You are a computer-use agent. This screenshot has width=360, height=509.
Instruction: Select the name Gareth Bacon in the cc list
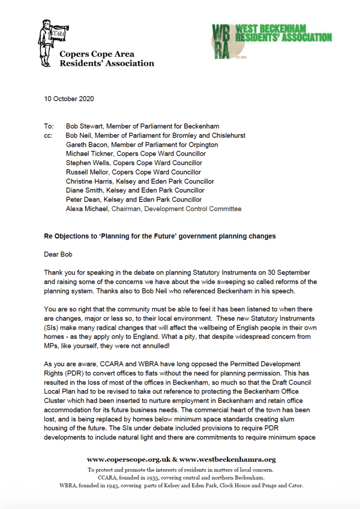pyautogui.click(x=87, y=145)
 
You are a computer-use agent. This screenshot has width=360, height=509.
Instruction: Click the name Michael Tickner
pyautogui.click(x=89, y=154)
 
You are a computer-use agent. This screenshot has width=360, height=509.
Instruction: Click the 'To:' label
pyautogui.click(x=49, y=126)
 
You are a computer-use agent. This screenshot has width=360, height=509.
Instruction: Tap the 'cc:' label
pyautogui.click(x=48, y=135)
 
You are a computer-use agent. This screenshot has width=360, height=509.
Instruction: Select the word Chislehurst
pyautogui.click(x=228, y=135)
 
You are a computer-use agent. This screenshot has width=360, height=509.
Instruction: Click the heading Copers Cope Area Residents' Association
pyautogui.click(x=107, y=59)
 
